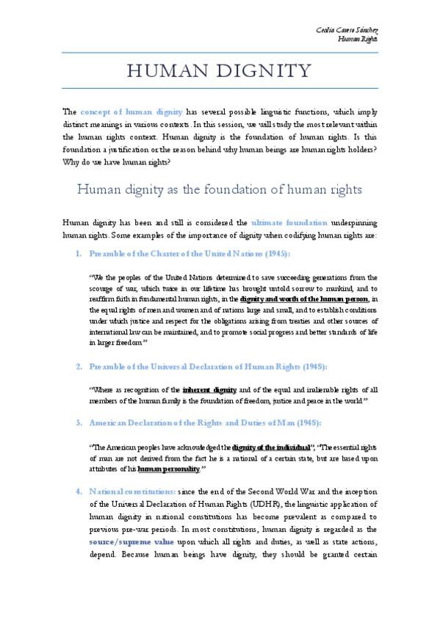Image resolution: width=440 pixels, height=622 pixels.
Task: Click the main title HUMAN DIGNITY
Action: tap(220, 71)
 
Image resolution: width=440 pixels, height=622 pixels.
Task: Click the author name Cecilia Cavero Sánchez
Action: tap(347, 28)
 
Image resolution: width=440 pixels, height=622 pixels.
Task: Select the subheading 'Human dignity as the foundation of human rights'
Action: tap(220, 189)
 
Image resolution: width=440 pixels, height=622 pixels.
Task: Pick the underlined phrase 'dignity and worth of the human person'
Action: tap(304, 299)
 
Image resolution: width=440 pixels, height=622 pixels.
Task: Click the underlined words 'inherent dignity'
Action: tap(209, 389)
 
